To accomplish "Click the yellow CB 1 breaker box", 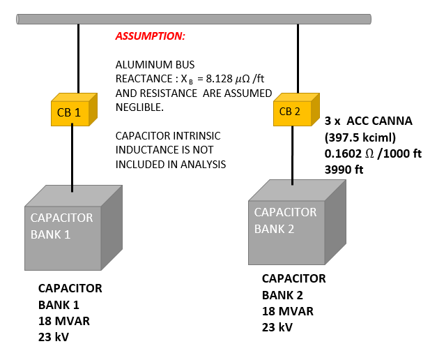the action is point(74,110).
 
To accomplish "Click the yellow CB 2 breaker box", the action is point(296,110).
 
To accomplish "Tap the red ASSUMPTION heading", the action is point(151,36).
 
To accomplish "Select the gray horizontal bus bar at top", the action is point(194,20).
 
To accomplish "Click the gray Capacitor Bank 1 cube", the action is point(73,227).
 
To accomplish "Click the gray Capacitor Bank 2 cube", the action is point(297,222).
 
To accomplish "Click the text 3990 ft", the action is point(344,170).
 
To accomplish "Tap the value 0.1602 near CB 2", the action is point(343,153).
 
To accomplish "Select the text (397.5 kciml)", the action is point(360,137).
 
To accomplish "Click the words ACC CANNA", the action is point(379,121).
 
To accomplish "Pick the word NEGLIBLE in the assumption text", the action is point(139,107).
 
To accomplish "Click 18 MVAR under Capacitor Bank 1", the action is point(64,321).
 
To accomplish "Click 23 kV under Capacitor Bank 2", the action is point(277,327).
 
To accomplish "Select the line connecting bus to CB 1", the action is point(78,59).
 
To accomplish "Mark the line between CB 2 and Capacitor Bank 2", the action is point(292,156).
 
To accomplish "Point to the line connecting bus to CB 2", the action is point(298,59).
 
